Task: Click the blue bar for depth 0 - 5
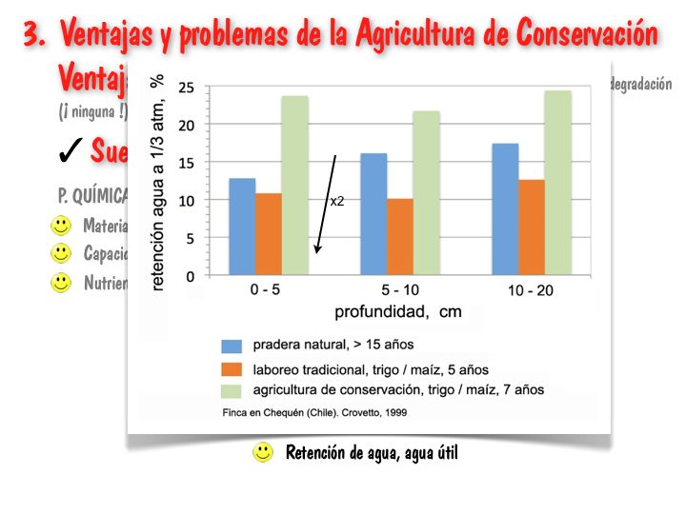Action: pyautogui.click(x=242, y=227)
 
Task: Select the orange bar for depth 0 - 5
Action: pyautogui.click(x=269, y=234)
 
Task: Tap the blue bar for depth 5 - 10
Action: pyautogui.click(x=373, y=214)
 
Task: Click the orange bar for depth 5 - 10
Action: pyautogui.click(x=400, y=237)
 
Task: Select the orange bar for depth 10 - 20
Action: pyautogui.click(x=532, y=227)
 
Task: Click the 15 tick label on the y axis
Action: pyautogui.click(x=187, y=163)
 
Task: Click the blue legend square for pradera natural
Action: pyautogui.click(x=231, y=346)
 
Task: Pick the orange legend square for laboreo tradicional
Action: pyautogui.click(x=231, y=368)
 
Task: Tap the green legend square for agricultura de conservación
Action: pyautogui.click(x=231, y=390)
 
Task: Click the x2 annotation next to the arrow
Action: pyautogui.click(x=337, y=202)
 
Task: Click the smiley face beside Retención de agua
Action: pyautogui.click(x=263, y=453)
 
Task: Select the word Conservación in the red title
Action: pyautogui.click(x=587, y=35)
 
